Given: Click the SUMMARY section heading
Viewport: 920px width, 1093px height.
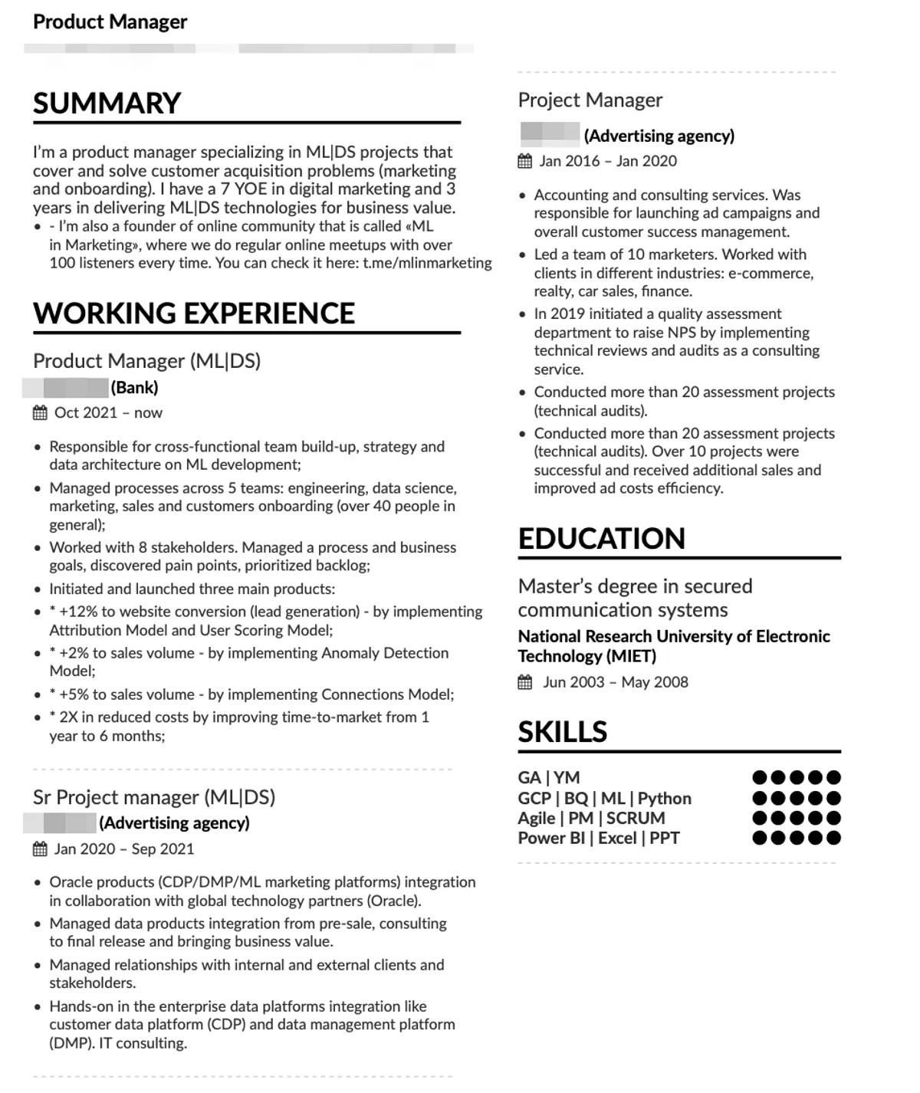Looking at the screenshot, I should pyautogui.click(x=107, y=103).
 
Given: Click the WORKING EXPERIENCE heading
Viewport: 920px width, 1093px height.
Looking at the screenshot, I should pyautogui.click(x=194, y=313).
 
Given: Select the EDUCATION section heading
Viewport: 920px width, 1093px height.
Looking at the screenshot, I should pyautogui.click(x=601, y=539).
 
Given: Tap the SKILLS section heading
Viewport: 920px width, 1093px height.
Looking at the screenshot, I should pyautogui.click(x=562, y=733).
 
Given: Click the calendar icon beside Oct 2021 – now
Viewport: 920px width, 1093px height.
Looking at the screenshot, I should pyautogui.click(x=40, y=413).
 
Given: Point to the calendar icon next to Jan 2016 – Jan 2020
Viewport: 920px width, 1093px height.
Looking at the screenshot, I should pyautogui.click(x=525, y=161).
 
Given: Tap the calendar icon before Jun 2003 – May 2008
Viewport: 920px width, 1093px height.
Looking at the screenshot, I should pyautogui.click(x=525, y=682).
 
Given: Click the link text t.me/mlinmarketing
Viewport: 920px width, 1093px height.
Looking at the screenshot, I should pyautogui.click(x=427, y=263).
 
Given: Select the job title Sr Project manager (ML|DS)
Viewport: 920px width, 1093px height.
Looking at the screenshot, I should pyautogui.click(x=154, y=797).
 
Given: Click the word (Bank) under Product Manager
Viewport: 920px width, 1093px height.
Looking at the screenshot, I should pyautogui.click(x=135, y=388).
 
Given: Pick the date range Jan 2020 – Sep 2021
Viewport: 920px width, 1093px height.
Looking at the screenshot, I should pyautogui.click(x=124, y=849).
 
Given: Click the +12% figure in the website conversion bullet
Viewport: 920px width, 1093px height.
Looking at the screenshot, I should pyautogui.click(x=77, y=612).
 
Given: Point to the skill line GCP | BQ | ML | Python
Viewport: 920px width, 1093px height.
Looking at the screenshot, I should pyautogui.click(x=604, y=799).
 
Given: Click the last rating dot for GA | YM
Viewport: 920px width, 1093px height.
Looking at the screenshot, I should pyautogui.click(x=834, y=777).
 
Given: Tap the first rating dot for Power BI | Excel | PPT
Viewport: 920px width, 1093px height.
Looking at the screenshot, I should pyautogui.click(x=760, y=838).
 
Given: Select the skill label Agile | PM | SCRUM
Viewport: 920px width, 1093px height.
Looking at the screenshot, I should pyautogui.click(x=591, y=819).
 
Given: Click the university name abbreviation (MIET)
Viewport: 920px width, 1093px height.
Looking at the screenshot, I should pyautogui.click(x=632, y=656).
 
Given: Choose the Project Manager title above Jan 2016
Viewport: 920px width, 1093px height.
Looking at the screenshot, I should pyautogui.click(x=590, y=100).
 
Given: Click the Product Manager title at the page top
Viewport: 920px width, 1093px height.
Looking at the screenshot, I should pyautogui.click(x=110, y=21).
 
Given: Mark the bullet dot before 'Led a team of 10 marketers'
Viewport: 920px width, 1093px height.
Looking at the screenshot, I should pyautogui.click(x=523, y=255).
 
